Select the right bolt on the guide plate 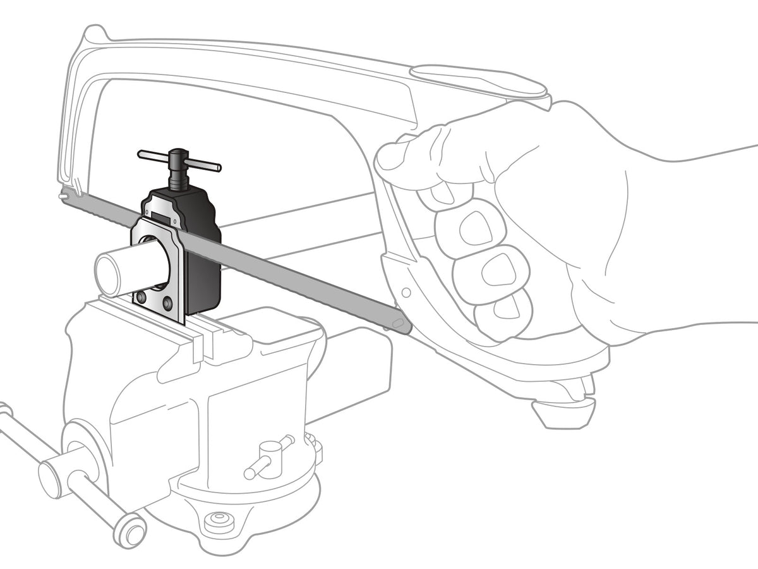pyautogui.click(x=167, y=304)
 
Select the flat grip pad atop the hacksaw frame pyautogui.click(x=480, y=80)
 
